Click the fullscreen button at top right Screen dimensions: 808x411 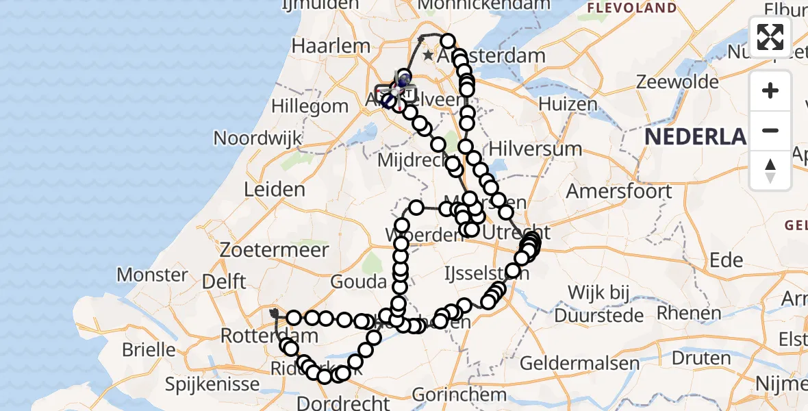770,37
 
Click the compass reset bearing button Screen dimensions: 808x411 770,170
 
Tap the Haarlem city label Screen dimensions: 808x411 331,46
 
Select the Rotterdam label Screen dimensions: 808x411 269,336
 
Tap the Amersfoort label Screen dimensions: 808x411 619,191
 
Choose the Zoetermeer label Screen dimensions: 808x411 274,250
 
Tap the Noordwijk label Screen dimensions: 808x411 257,138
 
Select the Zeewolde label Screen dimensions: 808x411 678,82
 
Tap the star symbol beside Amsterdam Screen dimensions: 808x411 429,55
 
